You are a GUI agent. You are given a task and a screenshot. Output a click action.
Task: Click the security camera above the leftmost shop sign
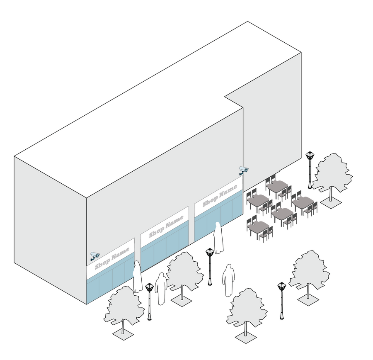tap(95, 256)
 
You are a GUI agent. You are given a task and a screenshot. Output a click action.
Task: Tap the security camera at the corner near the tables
tap(244, 170)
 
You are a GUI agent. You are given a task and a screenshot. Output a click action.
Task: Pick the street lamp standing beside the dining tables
tap(310, 170)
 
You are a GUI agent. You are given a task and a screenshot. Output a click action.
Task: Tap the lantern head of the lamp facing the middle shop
tap(210, 252)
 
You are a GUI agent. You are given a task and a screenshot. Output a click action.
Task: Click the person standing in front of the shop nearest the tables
tap(218, 238)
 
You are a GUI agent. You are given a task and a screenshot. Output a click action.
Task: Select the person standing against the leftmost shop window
tap(137, 276)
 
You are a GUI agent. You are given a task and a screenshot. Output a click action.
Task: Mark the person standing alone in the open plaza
tap(228, 280)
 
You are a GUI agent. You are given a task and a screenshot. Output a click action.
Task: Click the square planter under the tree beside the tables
tap(331, 202)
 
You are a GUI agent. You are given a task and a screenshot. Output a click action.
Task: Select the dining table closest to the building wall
tap(277, 186)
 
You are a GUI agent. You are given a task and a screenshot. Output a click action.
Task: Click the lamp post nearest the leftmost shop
tap(149, 302)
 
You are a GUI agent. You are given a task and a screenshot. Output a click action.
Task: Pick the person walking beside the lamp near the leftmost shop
tap(161, 289)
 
